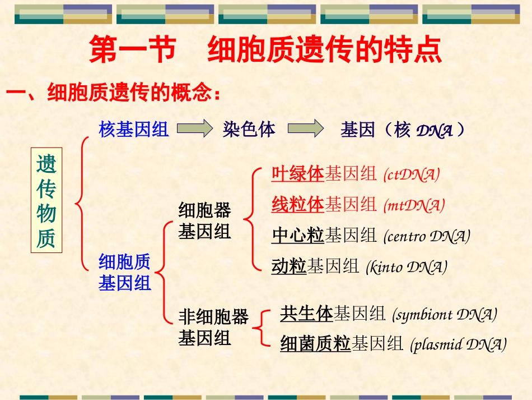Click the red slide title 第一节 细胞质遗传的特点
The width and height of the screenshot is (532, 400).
point(265,50)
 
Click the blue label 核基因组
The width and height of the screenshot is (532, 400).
point(134,130)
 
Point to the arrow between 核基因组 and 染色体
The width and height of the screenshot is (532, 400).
point(195,130)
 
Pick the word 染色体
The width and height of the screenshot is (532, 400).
point(249,130)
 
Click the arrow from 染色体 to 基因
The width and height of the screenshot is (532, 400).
point(305,130)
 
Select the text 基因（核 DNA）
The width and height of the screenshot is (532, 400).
point(403,131)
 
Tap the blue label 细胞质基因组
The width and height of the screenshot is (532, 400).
point(125,272)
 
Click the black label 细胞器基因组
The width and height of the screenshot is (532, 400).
point(204,221)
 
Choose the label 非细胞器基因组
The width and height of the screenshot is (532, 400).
point(213,328)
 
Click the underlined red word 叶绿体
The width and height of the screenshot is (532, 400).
point(297,174)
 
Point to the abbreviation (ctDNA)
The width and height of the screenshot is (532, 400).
point(412,174)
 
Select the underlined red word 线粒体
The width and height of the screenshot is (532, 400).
point(297,205)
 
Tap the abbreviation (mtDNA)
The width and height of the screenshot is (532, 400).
point(414,205)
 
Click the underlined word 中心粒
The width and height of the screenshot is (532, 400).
point(297,236)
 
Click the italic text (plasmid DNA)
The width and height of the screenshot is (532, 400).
point(458,344)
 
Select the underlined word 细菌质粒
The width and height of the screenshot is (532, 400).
point(315,343)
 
